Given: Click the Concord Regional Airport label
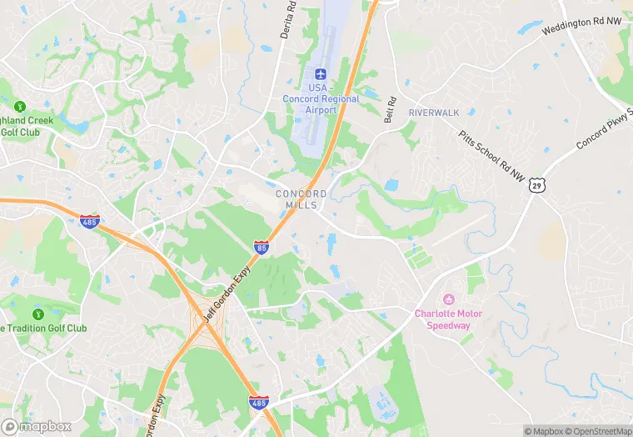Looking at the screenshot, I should point(321,99).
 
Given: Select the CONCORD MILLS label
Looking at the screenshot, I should point(301,199).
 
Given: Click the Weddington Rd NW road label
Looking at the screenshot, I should point(581,25).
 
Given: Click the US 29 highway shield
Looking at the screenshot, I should point(536,185).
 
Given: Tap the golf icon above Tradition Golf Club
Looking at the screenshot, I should point(37,314).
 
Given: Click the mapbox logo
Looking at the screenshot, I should point(37,425).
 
